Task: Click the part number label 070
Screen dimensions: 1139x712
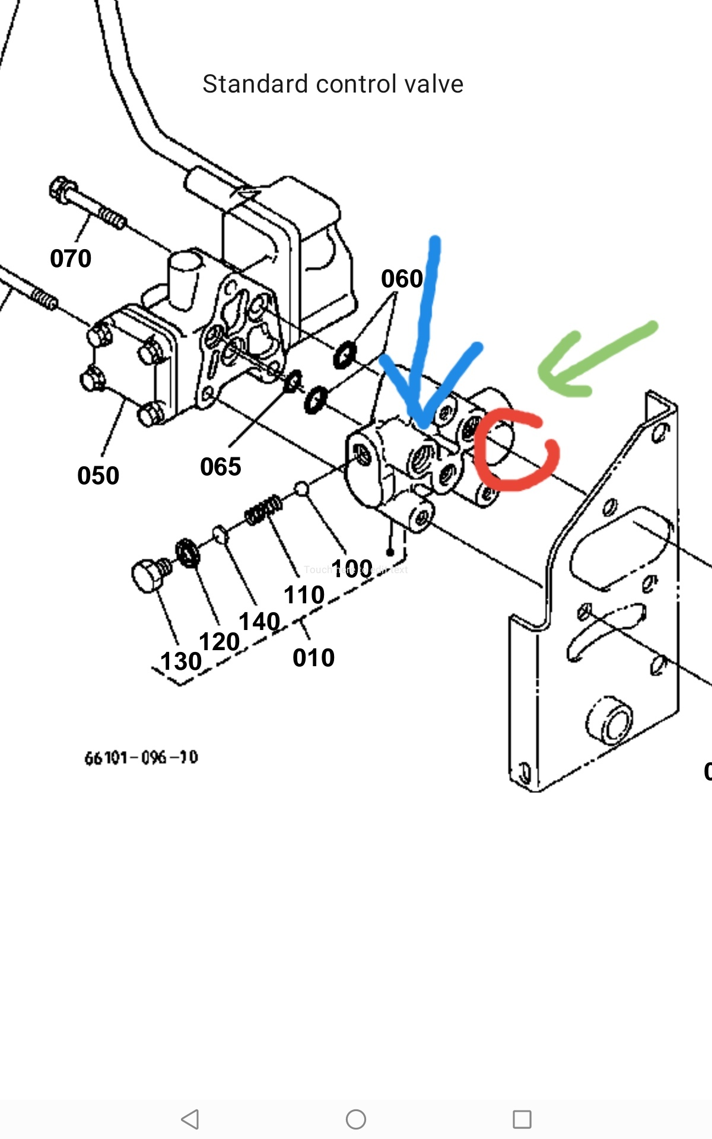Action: tap(71, 259)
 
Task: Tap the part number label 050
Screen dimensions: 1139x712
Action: tap(98, 476)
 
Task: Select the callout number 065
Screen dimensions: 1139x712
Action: tap(220, 467)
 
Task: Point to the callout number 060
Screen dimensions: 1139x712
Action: tap(402, 279)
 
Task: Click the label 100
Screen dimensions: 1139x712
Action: tap(352, 569)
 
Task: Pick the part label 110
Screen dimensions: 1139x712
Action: tap(304, 595)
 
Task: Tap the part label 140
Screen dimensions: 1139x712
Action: tap(259, 622)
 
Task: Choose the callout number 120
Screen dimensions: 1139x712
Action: tap(219, 642)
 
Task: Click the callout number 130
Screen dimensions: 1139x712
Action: tap(181, 661)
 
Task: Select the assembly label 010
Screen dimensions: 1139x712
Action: tap(313, 658)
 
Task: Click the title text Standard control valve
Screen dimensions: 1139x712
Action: tap(332, 84)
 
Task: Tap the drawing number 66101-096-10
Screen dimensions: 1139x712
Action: tap(141, 758)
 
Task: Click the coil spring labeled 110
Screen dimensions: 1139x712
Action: tap(263, 510)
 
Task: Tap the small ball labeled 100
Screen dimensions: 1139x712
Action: tap(301, 488)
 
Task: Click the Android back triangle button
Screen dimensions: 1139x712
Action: tap(190, 1119)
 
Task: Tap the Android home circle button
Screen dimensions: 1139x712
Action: tap(356, 1119)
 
